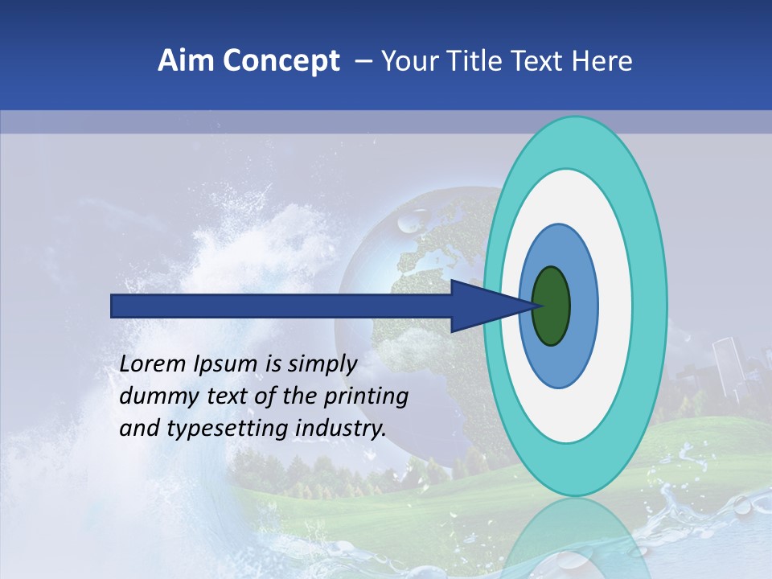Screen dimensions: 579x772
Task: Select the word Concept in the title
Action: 280,61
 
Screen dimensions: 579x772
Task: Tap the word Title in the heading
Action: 476,61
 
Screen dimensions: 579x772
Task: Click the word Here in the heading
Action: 602,61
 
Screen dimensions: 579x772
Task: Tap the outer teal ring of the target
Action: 649,306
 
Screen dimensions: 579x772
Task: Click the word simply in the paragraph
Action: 322,365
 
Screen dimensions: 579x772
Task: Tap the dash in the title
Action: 363,61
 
